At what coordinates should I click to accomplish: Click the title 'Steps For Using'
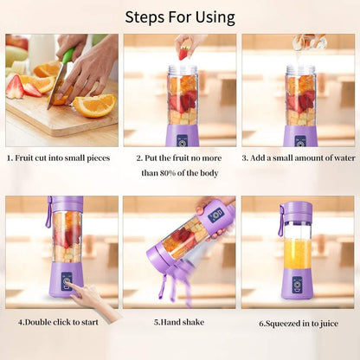[x=179, y=16]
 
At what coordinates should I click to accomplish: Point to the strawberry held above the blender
[x=183, y=53]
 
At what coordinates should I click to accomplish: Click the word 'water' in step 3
[x=337, y=158]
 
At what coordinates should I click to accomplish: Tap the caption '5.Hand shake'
[x=179, y=322]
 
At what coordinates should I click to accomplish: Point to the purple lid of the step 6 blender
[x=298, y=210]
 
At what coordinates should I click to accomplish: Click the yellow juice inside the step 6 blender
[x=297, y=254]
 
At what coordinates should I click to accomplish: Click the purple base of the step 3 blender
[x=300, y=135]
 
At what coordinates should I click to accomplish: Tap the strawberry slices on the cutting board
[x=23, y=87]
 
